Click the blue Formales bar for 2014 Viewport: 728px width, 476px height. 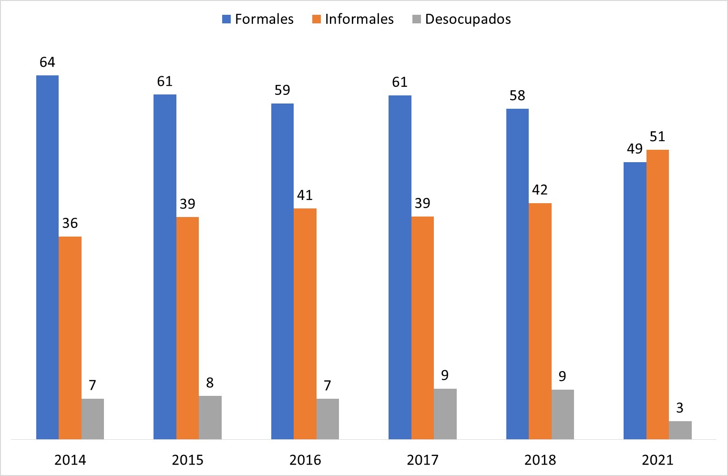point(47,257)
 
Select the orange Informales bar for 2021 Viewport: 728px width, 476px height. point(657,294)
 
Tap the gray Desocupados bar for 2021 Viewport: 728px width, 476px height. point(680,430)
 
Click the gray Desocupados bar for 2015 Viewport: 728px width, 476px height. point(210,417)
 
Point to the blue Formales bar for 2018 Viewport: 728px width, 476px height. point(517,274)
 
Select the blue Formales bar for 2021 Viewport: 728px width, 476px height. point(635,300)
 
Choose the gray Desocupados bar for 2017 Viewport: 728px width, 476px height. point(445,414)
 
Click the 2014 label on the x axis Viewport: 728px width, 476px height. point(70,460)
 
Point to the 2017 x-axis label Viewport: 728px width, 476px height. point(422,460)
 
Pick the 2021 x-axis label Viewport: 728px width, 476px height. point(657,460)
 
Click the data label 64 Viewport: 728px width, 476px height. point(47,62)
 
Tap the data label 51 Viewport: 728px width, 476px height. point(657,136)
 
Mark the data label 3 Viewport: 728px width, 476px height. point(680,408)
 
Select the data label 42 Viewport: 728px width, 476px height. point(540,190)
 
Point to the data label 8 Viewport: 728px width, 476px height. point(210,383)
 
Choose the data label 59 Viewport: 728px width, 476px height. point(282,90)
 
